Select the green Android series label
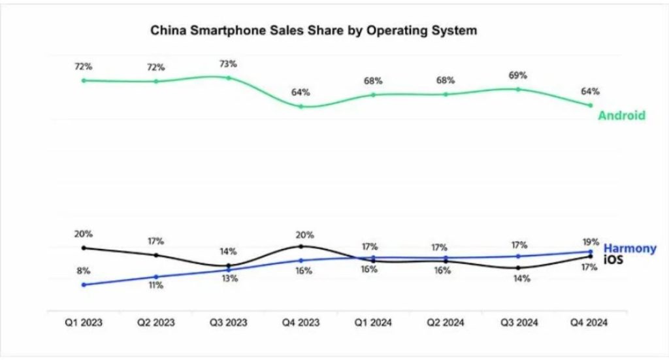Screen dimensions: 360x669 point(621,116)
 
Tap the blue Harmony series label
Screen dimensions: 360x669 point(630,248)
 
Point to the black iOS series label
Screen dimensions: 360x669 point(613,259)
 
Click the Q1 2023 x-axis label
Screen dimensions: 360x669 point(84,321)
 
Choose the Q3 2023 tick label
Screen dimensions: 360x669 point(229,321)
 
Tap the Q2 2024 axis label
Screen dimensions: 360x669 point(446,321)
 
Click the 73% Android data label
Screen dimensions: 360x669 point(228,63)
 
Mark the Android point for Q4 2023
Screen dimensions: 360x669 point(301,106)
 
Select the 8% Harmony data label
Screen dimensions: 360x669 point(84,270)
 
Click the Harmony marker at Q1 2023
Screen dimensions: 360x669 point(84,285)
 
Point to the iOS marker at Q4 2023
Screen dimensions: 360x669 point(301,246)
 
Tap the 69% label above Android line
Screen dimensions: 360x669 point(517,74)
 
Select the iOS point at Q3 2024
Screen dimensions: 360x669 point(518,268)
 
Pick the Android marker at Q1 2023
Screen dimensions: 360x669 point(84,80)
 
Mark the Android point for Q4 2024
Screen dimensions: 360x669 point(591,105)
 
